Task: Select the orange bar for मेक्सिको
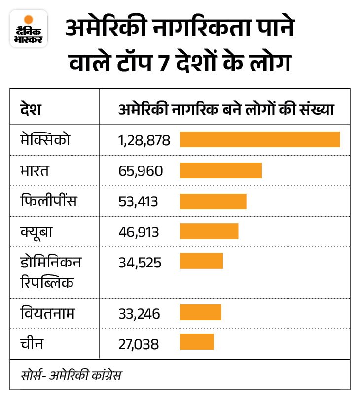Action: pyautogui.click(x=259, y=139)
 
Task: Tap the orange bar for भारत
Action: pyautogui.click(x=220, y=170)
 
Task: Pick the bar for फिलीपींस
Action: pyautogui.click(x=213, y=201)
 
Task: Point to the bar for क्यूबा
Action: pyautogui.click(x=209, y=232)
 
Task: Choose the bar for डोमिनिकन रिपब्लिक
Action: pyautogui.click(x=201, y=261)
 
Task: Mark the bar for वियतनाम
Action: pyautogui.click(x=200, y=312)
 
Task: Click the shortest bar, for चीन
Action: pyautogui.click(x=196, y=342)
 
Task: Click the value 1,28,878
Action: pyautogui.click(x=144, y=141)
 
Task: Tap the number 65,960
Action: pyautogui.click(x=140, y=171)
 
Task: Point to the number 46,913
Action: pyautogui.click(x=139, y=232)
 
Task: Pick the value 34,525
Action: pyautogui.click(x=140, y=262)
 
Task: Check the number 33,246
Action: pyautogui.click(x=139, y=313)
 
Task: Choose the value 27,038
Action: pyautogui.click(x=139, y=343)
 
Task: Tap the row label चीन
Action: pyautogui.click(x=31, y=342)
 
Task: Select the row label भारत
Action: pyautogui.click(x=36, y=171)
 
